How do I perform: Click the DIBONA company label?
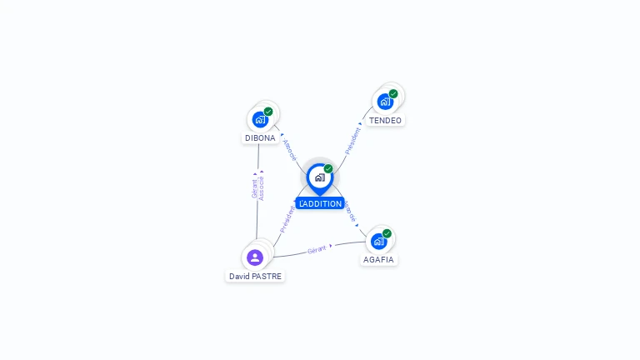[x=260, y=137]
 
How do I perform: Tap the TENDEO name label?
[x=385, y=120]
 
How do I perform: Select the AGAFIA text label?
[x=378, y=259]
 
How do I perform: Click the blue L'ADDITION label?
[x=320, y=203]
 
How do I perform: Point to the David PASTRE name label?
[x=255, y=276]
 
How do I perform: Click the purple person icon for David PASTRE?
[x=255, y=257]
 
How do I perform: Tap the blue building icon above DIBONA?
[x=260, y=119]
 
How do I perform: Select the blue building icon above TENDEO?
[x=385, y=102]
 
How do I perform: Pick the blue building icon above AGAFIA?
[x=378, y=241]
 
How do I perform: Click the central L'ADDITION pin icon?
[x=319, y=177]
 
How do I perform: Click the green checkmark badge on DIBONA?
[x=268, y=112]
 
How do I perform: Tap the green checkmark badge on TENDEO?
[x=393, y=94]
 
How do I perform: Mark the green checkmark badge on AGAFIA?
[x=387, y=233]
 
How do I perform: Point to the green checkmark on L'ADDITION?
[x=328, y=169]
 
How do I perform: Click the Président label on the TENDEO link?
[x=352, y=140]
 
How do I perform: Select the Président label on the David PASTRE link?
[x=287, y=218]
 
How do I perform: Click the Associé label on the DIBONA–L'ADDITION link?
[x=289, y=150]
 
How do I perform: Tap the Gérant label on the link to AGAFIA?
[x=317, y=249]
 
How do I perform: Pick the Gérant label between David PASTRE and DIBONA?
[x=254, y=187]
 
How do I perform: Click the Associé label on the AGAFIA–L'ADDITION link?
[x=349, y=212]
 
